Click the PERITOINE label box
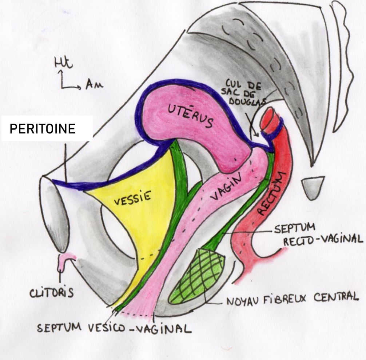pyautogui.click(x=47, y=128)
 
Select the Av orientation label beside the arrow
pyautogui.click(x=94, y=86)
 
